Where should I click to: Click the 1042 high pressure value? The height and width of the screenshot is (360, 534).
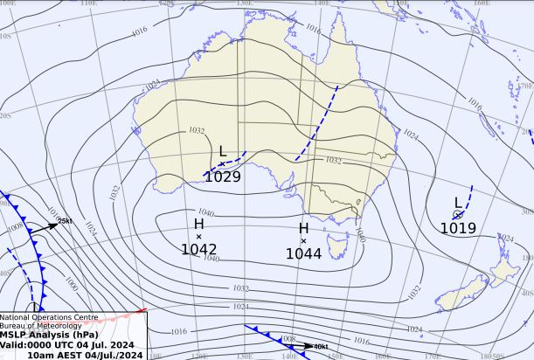coord(198,249)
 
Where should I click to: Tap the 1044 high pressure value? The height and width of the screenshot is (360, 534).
coord(303,253)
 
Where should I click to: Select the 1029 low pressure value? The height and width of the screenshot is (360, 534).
coord(222,177)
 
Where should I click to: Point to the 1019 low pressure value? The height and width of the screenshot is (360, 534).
coord(457,229)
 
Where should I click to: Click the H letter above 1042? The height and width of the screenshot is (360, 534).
coord(198,225)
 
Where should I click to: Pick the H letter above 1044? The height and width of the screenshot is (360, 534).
coord(303,228)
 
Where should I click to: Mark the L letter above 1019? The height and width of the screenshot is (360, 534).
coord(457,203)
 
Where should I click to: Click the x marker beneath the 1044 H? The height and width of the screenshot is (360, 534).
coord(303,240)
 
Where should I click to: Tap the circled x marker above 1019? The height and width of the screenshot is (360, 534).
coord(457,215)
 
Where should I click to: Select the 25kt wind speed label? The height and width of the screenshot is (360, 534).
coord(65,221)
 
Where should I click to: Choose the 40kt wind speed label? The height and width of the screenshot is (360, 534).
coord(320,347)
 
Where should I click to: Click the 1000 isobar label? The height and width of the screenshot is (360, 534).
coord(72,285)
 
